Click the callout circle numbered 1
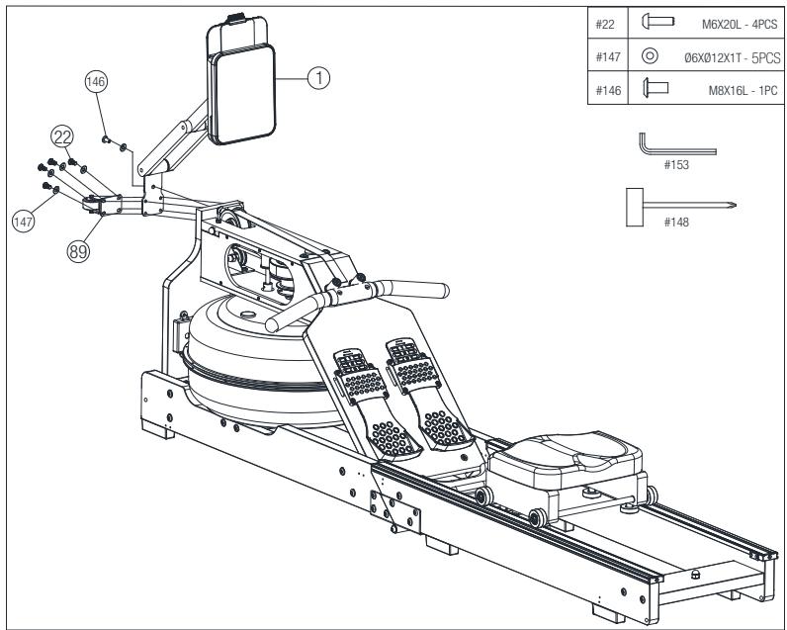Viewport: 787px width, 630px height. click(318, 78)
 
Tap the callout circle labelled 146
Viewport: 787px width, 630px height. click(96, 81)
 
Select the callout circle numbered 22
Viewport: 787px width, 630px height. click(62, 136)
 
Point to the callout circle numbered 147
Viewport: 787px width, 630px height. click(24, 222)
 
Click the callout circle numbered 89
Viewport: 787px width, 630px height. click(78, 251)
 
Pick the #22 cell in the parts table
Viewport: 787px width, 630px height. click(607, 23)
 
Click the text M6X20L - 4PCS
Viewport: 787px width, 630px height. click(739, 25)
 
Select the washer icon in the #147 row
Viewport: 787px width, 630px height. click(650, 55)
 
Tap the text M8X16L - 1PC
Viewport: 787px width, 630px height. click(743, 90)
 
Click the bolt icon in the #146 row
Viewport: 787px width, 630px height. click(655, 88)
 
